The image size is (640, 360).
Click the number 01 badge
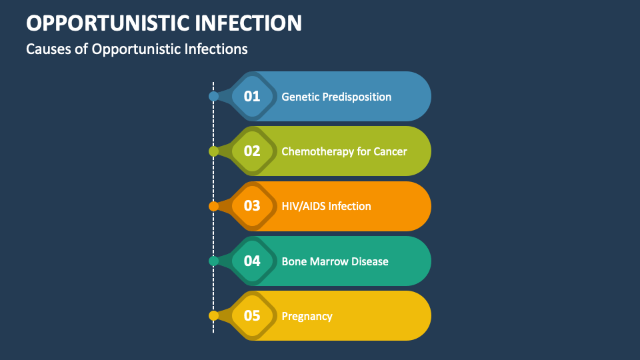(x=252, y=97)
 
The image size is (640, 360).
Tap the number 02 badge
(x=252, y=151)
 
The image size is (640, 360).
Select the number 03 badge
(x=252, y=206)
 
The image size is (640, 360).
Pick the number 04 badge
(x=252, y=261)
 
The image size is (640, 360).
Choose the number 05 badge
(x=252, y=316)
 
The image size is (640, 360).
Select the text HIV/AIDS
(x=303, y=206)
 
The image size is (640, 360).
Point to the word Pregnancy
(x=307, y=316)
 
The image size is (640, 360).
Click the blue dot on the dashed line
(x=213, y=97)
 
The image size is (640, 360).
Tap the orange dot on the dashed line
(x=213, y=206)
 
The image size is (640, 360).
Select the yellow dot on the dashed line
(x=213, y=316)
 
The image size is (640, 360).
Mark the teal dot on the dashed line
(x=213, y=261)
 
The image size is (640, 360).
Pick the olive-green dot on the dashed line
(x=213, y=151)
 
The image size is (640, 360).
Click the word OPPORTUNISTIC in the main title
(x=107, y=23)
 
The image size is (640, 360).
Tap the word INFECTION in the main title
(x=247, y=23)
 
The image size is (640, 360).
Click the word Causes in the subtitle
(x=49, y=49)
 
